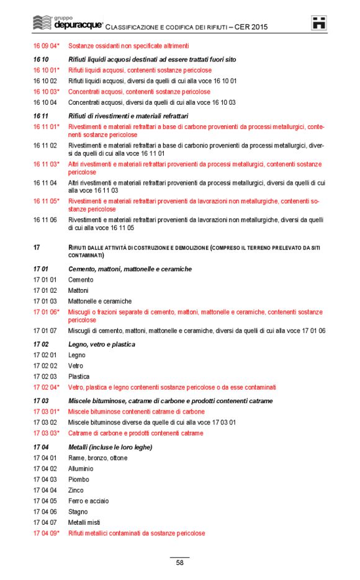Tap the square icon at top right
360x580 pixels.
pos(319,23)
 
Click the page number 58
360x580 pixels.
pos(179,563)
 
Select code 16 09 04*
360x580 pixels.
pos(47,46)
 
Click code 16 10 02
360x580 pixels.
pos(45,81)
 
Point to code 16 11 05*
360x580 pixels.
pos(47,202)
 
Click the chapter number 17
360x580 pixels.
pos(37,248)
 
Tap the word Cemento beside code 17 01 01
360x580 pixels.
pos(81,280)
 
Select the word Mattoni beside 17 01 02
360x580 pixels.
pos(78,290)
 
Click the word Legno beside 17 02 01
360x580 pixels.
pos(77,355)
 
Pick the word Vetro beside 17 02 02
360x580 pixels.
pos(76,366)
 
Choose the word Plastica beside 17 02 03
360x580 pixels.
pos(79,377)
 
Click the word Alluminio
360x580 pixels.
pos(81,469)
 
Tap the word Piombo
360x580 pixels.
pos(78,480)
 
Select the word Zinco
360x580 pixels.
pos(76,490)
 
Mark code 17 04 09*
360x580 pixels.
pos(47,533)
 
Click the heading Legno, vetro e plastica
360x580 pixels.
pos(102,344)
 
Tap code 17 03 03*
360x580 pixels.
pos(47,433)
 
